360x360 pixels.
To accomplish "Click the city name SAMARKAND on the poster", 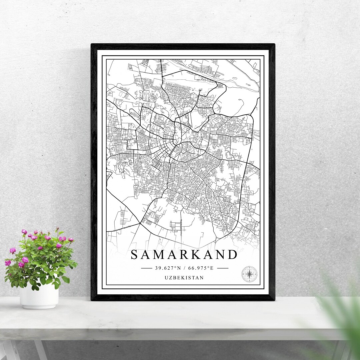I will tap(184, 255).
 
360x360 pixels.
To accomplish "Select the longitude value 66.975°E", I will tap(201, 268).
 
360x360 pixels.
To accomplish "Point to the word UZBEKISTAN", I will tap(184, 277).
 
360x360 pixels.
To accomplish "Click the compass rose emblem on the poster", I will tap(249, 274).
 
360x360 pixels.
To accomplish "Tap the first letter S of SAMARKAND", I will tap(135, 255).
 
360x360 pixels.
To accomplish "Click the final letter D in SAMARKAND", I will tap(233, 255).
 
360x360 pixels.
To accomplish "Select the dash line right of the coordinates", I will tap(222, 268).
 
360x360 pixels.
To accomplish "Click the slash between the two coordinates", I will tap(184, 268).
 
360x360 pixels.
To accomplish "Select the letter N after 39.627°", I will tap(179, 268).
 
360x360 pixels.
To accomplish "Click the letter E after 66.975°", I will tap(211, 268).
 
